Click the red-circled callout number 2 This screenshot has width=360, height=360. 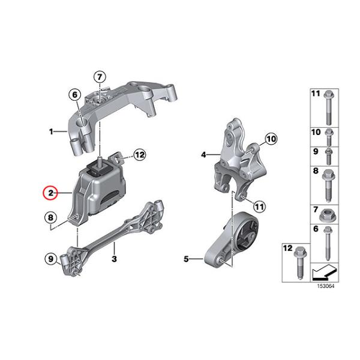50,193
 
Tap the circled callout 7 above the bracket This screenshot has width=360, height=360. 100,77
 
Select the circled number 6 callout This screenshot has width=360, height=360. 75,95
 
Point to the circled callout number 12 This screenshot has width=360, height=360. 140,155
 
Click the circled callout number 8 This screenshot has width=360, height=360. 50,217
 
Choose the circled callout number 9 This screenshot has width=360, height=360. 51,259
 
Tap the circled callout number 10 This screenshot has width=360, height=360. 271,139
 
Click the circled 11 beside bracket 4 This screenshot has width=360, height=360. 259,206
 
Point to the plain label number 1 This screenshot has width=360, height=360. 51,131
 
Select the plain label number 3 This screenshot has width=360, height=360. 114,259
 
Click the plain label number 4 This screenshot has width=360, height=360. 203,155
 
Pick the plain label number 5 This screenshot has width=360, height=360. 186,259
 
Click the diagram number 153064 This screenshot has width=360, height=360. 326,286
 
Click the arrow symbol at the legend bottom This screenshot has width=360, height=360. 325,272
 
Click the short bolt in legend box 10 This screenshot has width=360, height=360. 329,137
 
